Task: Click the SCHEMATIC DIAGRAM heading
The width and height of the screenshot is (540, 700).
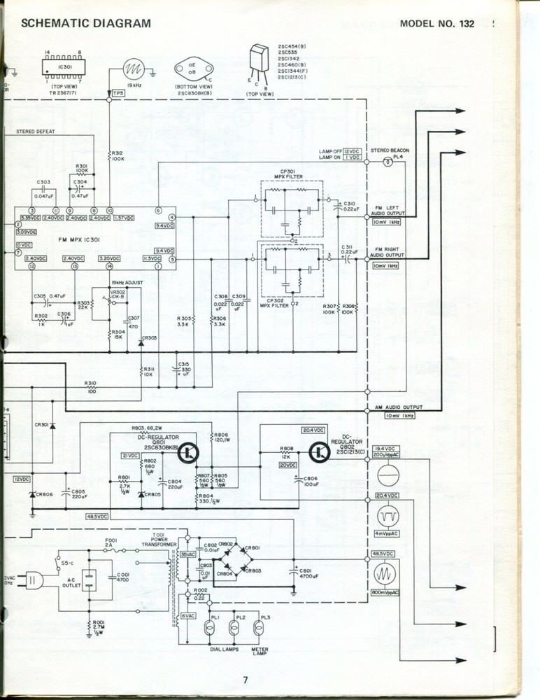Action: [86, 23]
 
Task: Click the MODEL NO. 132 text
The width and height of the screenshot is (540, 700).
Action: [438, 23]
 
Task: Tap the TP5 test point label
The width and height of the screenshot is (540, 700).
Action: [118, 92]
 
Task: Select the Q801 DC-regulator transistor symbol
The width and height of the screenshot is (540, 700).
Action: [188, 454]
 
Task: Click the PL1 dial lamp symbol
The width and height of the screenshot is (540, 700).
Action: [208, 628]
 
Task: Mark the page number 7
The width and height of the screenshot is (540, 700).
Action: [246, 679]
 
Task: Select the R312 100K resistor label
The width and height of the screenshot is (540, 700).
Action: [117, 156]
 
